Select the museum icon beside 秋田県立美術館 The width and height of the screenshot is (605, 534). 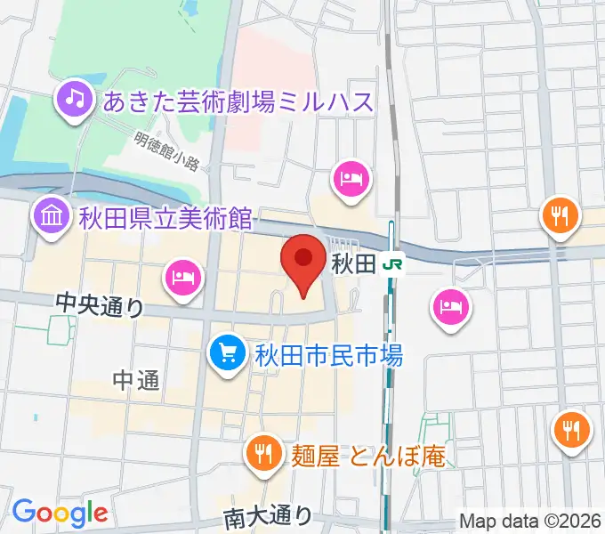tap(51, 215)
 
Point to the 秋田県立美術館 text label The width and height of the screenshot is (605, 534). tap(165, 217)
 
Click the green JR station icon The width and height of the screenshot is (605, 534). tap(391, 263)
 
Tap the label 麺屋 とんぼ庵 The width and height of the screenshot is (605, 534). tap(367, 457)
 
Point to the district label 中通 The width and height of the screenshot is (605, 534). tap(136, 381)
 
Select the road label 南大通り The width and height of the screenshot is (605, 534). tap(268, 515)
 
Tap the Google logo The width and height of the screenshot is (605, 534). tap(60, 512)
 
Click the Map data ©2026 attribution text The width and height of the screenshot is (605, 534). tap(530, 520)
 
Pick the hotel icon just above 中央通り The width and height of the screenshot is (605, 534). tap(182, 278)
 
